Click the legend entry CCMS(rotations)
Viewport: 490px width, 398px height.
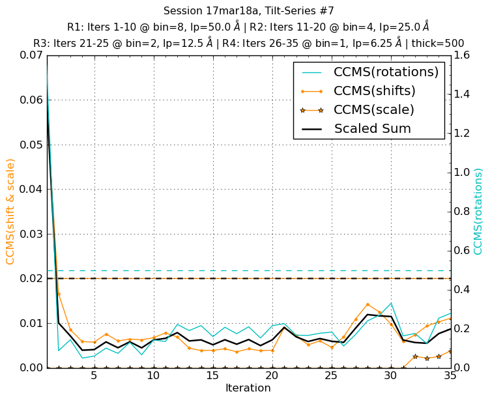coord(386,72)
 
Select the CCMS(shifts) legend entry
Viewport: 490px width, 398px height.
coord(375,91)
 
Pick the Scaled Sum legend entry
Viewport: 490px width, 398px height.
coord(372,128)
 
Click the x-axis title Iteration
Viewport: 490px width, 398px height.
coord(248,388)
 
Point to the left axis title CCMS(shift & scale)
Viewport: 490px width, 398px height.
coord(10,211)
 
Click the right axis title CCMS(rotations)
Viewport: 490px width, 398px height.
coord(478,211)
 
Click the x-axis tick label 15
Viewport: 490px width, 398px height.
coord(212,377)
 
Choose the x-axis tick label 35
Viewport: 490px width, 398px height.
coord(450,377)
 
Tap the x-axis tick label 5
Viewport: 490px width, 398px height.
coord(94,377)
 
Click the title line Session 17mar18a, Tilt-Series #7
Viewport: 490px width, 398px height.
coord(248,11)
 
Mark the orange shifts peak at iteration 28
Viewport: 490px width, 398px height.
coord(367,304)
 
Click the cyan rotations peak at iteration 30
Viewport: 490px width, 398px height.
coord(391,303)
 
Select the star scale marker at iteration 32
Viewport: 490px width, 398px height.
coord(414,356)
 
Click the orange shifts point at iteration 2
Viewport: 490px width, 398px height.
coord(59,294)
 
